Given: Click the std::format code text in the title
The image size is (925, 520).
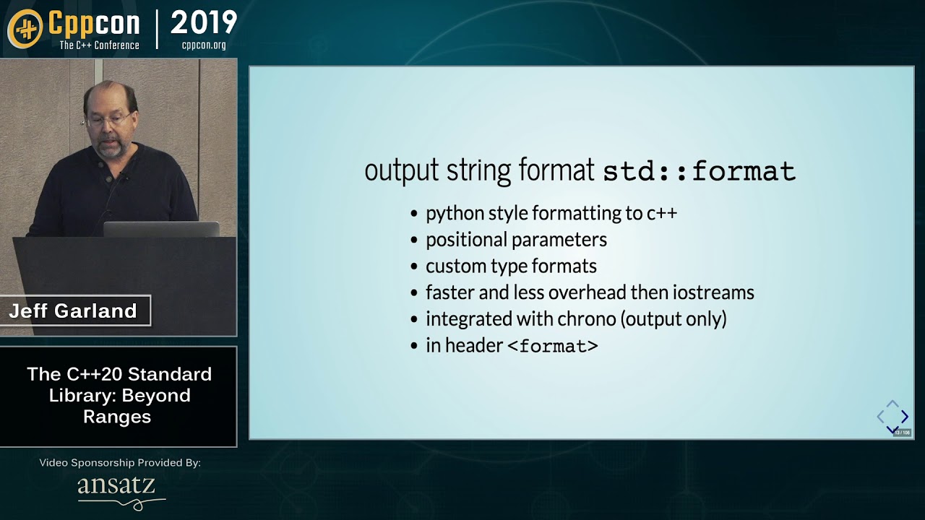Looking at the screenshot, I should [x=699, y=171].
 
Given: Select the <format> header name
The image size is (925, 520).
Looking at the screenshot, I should [x=553, y=346].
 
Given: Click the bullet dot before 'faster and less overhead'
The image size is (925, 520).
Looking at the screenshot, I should [x=414, y=293].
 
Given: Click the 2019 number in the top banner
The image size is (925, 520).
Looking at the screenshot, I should [x=204, y=23].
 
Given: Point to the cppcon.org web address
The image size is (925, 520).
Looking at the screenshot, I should [x=204, y=45].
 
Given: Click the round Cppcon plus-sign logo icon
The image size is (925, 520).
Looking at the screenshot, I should [x=25, y=28].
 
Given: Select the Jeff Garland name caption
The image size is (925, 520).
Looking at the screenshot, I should [x=73, y=311].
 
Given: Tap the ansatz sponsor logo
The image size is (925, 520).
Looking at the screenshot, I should [x=118, y=488].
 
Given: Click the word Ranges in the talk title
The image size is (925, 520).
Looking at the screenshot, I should [x=117, y=417].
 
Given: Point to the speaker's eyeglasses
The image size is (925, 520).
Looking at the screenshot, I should [x=109, y=119].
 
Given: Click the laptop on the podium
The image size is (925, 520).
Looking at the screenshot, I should [x=160, y=229].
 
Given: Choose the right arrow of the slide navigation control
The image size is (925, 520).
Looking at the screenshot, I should [x=905, y=417].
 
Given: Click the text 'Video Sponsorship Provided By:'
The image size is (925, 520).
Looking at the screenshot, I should [x=120, y=462].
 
